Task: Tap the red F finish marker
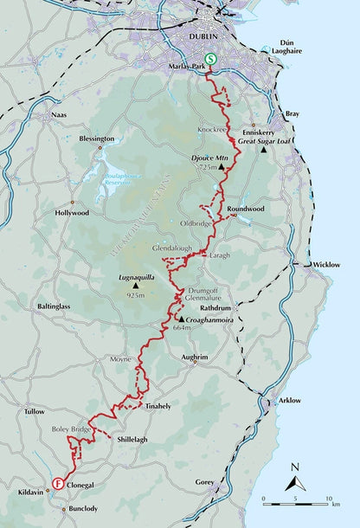[x=57, y=484]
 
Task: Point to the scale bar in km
[x=296, y=500]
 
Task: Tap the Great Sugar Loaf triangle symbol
[x=264, y=151]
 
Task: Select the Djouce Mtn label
[x=209, y=158]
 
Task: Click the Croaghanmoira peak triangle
[x=181, y=319]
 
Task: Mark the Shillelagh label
[x=132, y=439]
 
